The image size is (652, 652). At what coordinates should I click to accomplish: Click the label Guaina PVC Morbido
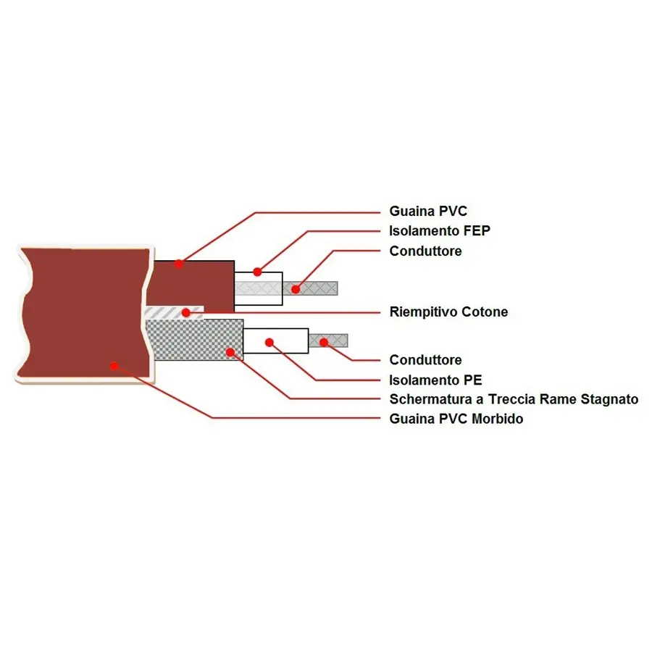coord(456,419)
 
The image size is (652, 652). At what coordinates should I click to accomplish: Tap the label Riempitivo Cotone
coord(448,312)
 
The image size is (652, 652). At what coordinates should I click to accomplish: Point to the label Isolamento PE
coord(435,380)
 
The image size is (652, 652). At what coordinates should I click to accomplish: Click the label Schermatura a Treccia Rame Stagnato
coord(514,399)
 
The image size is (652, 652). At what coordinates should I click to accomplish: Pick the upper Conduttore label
coord(425,251)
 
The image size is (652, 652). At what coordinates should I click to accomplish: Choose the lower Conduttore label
coord(425,360)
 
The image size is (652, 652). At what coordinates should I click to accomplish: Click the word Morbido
coord(498,419)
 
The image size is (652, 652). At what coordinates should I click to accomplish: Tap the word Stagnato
coord(609,399)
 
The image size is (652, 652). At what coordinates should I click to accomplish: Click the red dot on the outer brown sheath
coord(114,366)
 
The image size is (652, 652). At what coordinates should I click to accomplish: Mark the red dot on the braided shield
coord(230,353)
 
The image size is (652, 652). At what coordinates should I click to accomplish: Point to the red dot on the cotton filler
coord(186,312)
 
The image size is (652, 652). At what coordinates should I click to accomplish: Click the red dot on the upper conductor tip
coord(296,289)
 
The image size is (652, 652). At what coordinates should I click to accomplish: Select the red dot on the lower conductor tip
coord(324,341)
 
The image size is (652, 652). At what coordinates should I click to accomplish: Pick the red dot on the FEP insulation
coord(257,272)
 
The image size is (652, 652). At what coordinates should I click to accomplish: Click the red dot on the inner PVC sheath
coord(178,264)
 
